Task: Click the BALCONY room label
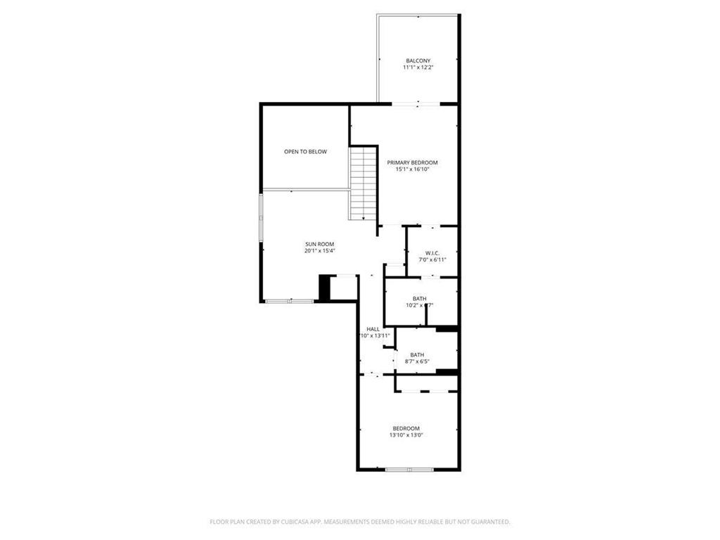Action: tap(418, 60)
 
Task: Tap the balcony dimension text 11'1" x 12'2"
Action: tap(418, 67)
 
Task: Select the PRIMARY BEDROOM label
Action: tap(412, 162)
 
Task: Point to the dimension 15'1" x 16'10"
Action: tap(412, 169)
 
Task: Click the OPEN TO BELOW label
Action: tap(305, 151)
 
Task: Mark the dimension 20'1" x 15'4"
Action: tap(319, 251)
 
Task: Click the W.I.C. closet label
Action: tap(432, 253)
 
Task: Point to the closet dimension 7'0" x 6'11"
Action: tap(432, 260)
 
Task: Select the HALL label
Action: tap(373, 329)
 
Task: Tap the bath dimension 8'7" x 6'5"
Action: tap(417, 361)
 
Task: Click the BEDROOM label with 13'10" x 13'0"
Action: tap(406, 428)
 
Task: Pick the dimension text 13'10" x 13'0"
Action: tap(406, 435)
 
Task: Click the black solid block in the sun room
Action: tap(324, 287)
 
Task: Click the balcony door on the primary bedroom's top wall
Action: tap(418, 104)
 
